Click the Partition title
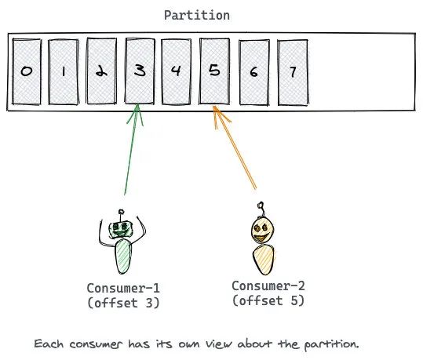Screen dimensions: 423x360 coord(197,15)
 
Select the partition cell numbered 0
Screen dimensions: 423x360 coord(27,71)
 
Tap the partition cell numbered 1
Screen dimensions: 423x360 coord(64,71)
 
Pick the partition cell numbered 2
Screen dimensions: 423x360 coord(101,71)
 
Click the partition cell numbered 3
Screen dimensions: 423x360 coord(140,71)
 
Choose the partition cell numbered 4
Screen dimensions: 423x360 coord(176,71)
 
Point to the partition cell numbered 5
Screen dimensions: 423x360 coord(214,71)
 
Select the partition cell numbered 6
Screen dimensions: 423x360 coord(254,72)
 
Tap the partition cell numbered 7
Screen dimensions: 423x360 coord(293,72)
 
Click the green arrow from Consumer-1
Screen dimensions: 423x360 coord(131,149)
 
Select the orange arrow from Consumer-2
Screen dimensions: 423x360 coord(234,147)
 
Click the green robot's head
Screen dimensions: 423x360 coord(121,230)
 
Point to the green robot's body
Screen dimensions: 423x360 coord(123,256)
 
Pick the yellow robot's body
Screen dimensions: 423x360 coord(264,260)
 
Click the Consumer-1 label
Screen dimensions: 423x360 coord(123,289)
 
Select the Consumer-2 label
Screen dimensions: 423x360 coord(268,286)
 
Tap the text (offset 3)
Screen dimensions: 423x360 coord(123,303)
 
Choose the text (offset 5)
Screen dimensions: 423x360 coord(268,300)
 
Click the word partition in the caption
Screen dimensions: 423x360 coord(331,345)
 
